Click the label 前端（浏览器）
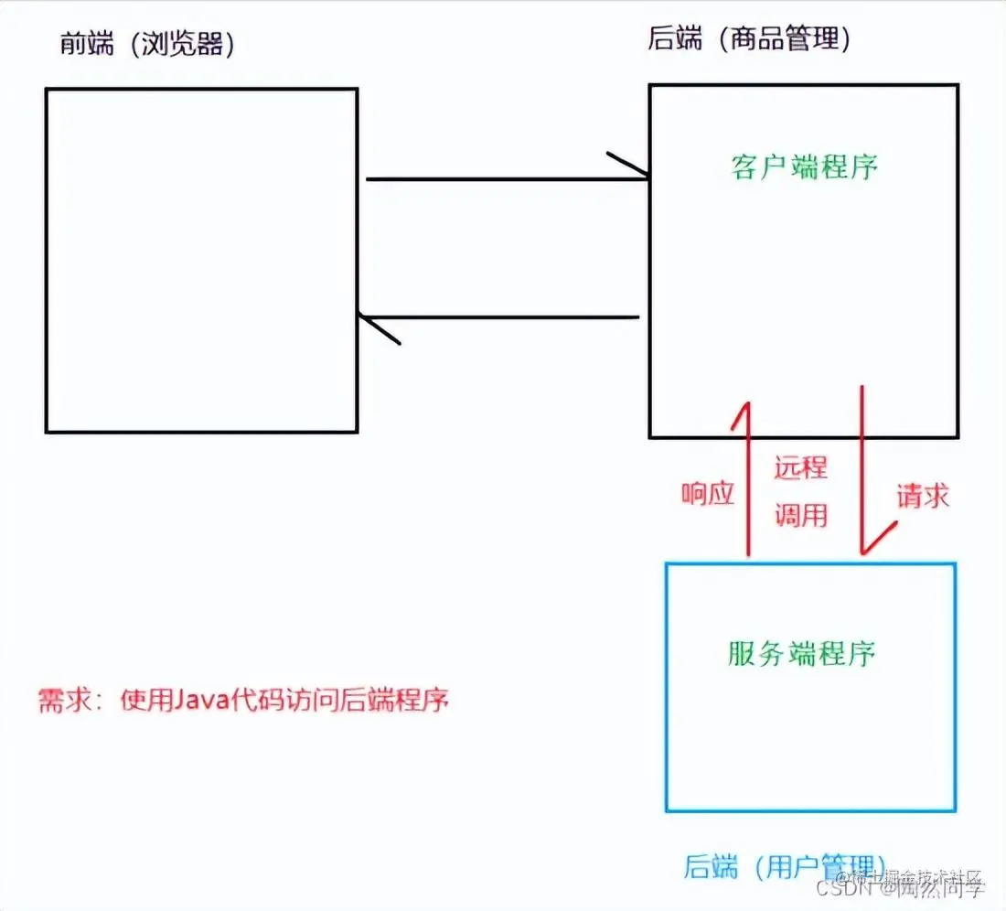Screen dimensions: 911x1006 pyautogui.click(x=147, y=44)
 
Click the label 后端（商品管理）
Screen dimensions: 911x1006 pyautogui.click(x=749, y=38)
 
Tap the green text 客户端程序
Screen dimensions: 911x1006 pyautogui.click(x=805, y=166)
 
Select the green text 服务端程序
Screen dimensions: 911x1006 pyautogui.click(x=802, y=653)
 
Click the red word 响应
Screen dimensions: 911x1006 pyautogui.click(x=708, y=494)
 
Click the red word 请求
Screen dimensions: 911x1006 pyautogui.click(x=922, y=496)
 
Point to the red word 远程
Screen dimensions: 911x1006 pyautogui.click(x=801, y=467)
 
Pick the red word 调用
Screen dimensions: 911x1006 pyautogui.click(x=801, y=515)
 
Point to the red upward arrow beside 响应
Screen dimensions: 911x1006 pyautogui.click(x=749, y=476)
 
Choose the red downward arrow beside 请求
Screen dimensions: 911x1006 pyautogui.click(x=862, y=466)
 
